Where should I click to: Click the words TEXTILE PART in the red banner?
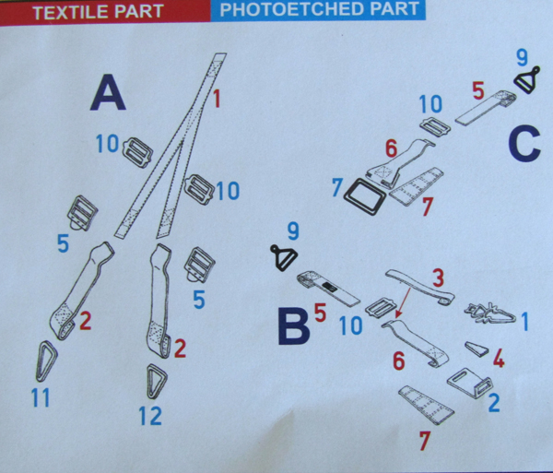coord(98,12)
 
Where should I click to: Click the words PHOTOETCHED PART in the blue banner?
coord(320,9)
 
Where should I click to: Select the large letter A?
coord(108,92)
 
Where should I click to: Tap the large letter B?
coord(294,325)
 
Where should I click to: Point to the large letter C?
coord(524,144)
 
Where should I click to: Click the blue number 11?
coord(41,397)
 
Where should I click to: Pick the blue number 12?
coord(150,416)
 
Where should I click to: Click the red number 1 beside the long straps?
coord(217,99)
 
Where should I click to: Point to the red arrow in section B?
coord(403,303)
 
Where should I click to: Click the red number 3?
coord(439,278)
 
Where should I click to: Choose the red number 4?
coord(499,359)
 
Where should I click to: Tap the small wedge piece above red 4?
coord(477,349)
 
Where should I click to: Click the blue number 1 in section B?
coord(525,322)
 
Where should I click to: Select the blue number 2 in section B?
coord(494,402)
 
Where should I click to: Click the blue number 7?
coord(337,187)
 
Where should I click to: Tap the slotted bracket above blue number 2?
coord(469,382)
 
